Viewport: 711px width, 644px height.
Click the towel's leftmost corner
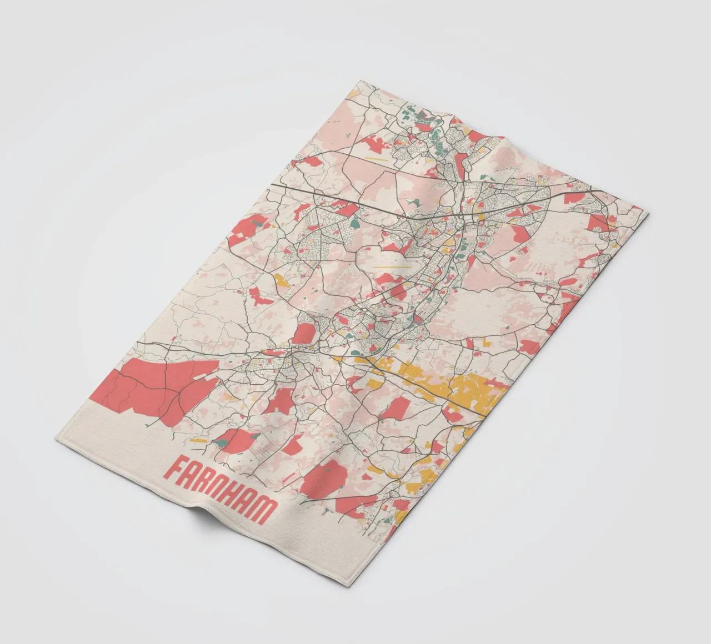(56, 439)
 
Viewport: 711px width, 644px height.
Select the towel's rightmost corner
(647, 212)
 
